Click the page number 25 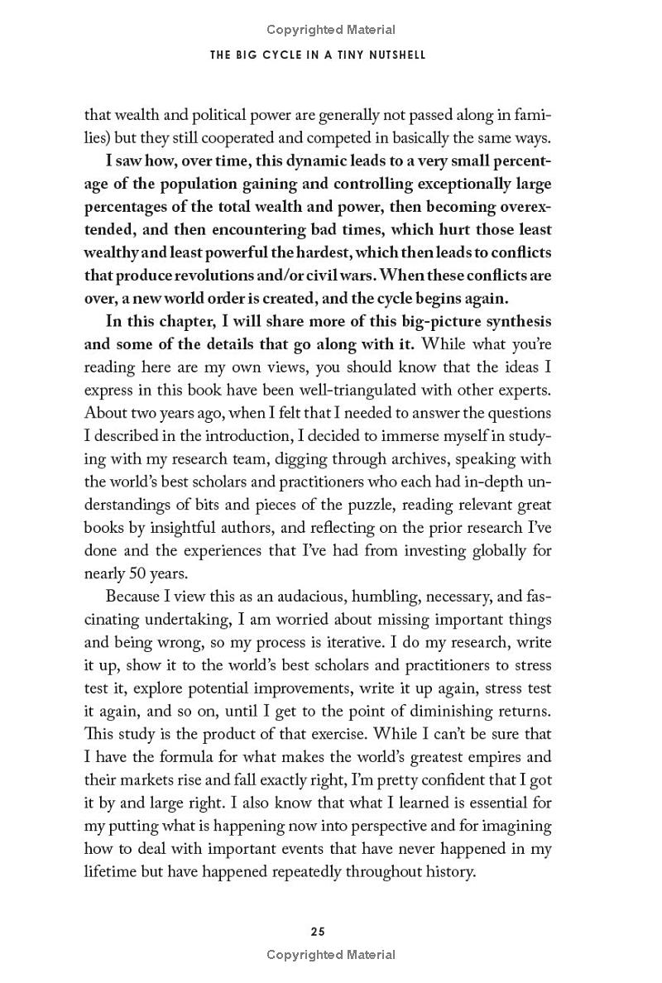[318, 931]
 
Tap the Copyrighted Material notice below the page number [331, 954]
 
